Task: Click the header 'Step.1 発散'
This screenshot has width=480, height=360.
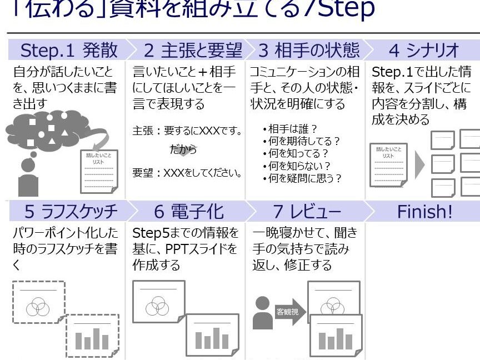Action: [x=69, y=51]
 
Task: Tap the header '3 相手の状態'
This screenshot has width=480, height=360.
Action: [x=309, y=51]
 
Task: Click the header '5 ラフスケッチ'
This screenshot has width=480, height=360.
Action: [x=71, y=212]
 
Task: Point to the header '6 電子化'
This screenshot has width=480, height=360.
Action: [x=189, y=212]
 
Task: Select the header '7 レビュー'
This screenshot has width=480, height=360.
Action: [x=307, y=212]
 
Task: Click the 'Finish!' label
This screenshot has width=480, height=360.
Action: [x=424, y=212]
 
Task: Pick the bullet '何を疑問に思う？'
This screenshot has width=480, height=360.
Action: [x=305, y=178]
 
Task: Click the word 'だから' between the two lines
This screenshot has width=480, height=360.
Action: [x=183, y=150]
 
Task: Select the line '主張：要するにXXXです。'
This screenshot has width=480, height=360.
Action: [x=188, y=132]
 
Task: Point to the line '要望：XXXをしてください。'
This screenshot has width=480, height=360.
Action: [x=188, y=173]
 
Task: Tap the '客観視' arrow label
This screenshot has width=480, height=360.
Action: [x=288, y=312]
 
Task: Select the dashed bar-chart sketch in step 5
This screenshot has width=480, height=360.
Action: [x=92, y=335]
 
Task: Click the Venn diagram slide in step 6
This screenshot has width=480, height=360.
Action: [x=157, y=301]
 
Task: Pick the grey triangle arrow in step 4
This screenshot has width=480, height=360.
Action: [x=419, y=164]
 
